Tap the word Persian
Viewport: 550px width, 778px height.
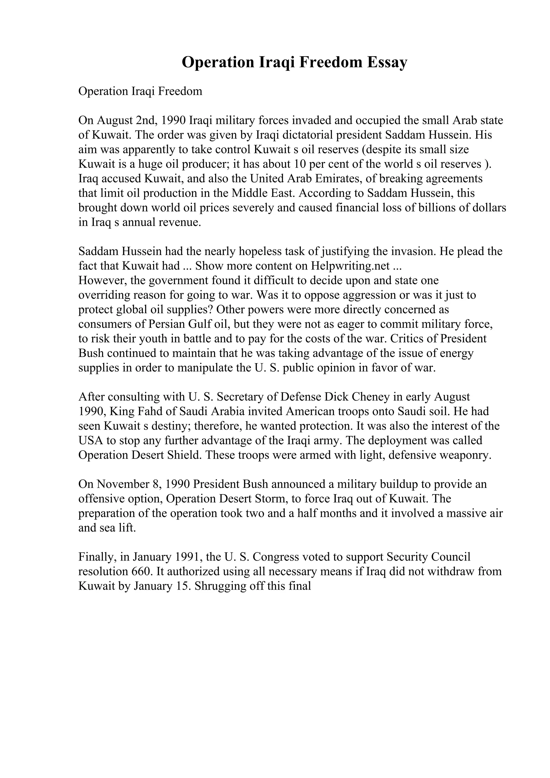(x=167, y=324)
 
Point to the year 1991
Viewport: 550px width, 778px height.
(x=187, y=557)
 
